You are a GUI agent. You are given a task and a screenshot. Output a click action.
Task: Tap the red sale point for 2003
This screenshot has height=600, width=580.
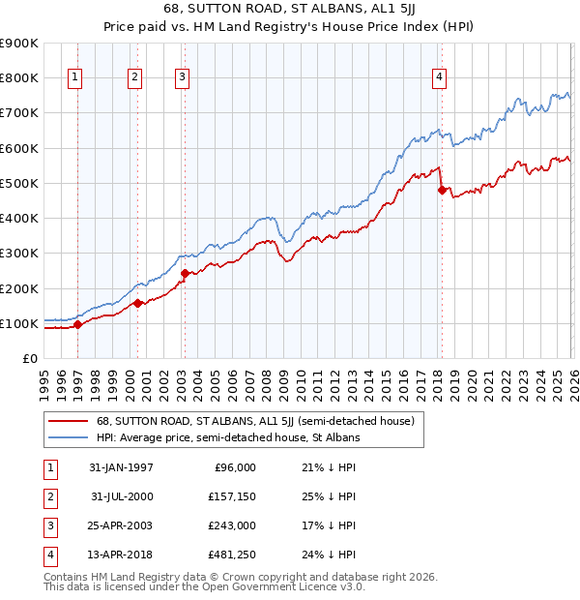[x=184, y=273]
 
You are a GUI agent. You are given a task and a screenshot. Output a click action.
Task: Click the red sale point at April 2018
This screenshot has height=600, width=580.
[x=442, y=190]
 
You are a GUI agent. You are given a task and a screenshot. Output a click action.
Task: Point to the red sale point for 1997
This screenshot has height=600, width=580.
[x=78, y=325]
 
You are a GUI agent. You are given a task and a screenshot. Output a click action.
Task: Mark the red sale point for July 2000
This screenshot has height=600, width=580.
[x=137, y=303]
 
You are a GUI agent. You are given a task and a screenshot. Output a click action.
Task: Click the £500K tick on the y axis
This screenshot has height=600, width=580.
[x=19, y=183]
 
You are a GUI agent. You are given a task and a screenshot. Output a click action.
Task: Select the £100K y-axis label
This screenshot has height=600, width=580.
[x=19, y=323]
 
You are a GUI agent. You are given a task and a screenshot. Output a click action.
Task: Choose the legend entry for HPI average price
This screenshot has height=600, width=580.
[x=227, y=437]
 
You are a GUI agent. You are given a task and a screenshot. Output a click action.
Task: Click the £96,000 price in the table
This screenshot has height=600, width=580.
[x=235, y=467]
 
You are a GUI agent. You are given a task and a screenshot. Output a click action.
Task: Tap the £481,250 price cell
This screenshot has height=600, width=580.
[x=231, y=555]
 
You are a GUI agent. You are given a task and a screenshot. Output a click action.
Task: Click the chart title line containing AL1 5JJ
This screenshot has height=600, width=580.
[x=290, y=11]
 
